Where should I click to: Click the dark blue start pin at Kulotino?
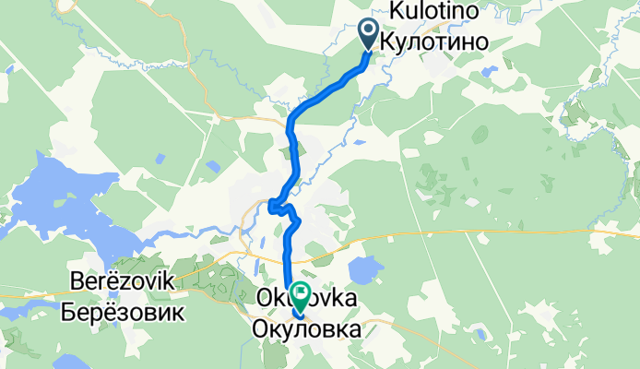pyautogui.click(x=369, y=34)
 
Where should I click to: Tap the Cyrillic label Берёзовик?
pyautogui.click(x=124, y=311)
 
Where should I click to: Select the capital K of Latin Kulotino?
pyautogui.click(x=398, y=10)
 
